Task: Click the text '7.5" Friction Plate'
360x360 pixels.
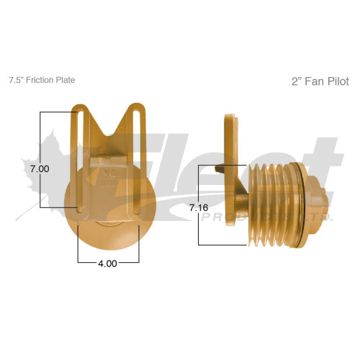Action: tap(41, 80)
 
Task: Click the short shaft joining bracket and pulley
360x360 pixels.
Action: tap(248, 209)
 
